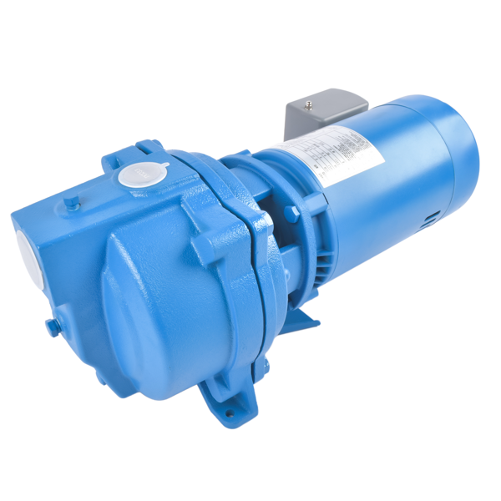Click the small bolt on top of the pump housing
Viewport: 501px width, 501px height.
click(73, 200)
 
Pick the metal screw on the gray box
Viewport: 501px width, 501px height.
click(311, 104)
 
